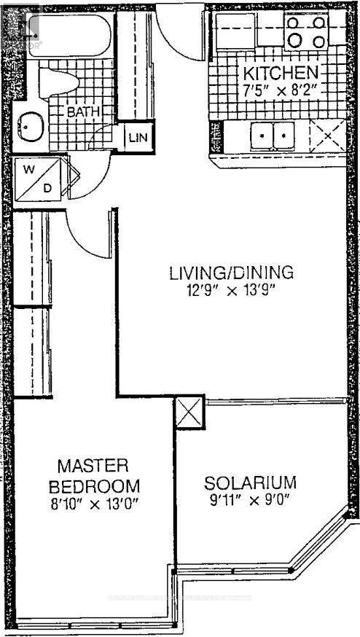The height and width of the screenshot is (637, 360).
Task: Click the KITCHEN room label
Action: [281, 72]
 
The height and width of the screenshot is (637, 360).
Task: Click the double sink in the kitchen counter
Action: [270, 135]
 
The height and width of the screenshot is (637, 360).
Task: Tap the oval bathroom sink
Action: [31, 129]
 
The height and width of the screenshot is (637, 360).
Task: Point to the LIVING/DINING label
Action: [231, 273]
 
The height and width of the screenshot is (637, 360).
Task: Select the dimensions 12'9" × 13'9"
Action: [231, 289]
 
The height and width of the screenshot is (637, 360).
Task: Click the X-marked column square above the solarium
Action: [191, 413]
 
